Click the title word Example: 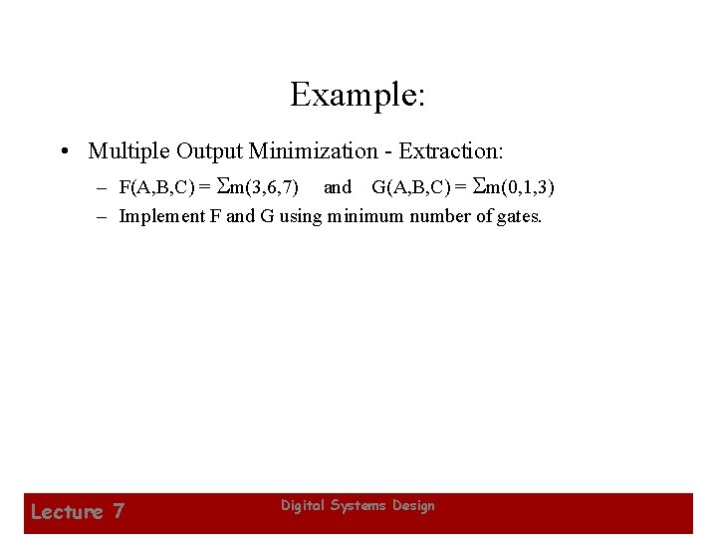[358, 96]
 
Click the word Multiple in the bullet [128, 151]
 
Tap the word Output [209, 151]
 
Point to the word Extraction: [451, 151]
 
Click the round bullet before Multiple [63, 151]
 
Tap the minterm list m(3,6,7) [265, 187]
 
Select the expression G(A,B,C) [411, 187]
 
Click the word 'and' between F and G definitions [338, 187]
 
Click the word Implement [156, 216]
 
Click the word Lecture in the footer [67, 512]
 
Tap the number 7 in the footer [119, 512]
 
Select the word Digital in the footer [301, 506]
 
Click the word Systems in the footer [358, 506]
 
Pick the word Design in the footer [414, 506]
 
